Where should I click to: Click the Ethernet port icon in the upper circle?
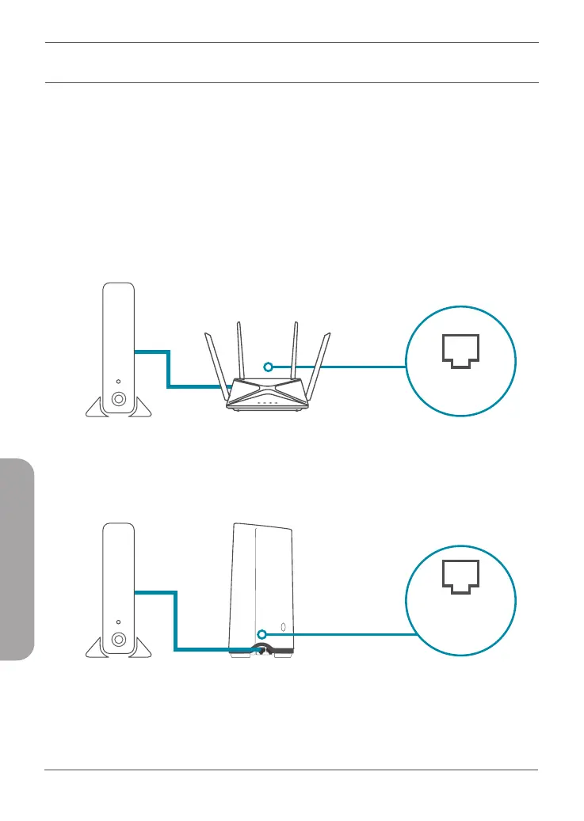pos(460,351)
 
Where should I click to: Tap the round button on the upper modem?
pos(118,399)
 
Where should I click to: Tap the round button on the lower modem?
pos(118,639)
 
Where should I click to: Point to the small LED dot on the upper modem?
pos(118,381)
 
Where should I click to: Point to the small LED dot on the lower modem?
pos(118,621)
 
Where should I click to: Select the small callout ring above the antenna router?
pos(268,367)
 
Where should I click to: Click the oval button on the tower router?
pos(283,630)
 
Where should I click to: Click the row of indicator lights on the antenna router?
pos(266,402)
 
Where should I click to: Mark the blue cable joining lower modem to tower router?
pos(174,621)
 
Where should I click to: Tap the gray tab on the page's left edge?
pos(17,562)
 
